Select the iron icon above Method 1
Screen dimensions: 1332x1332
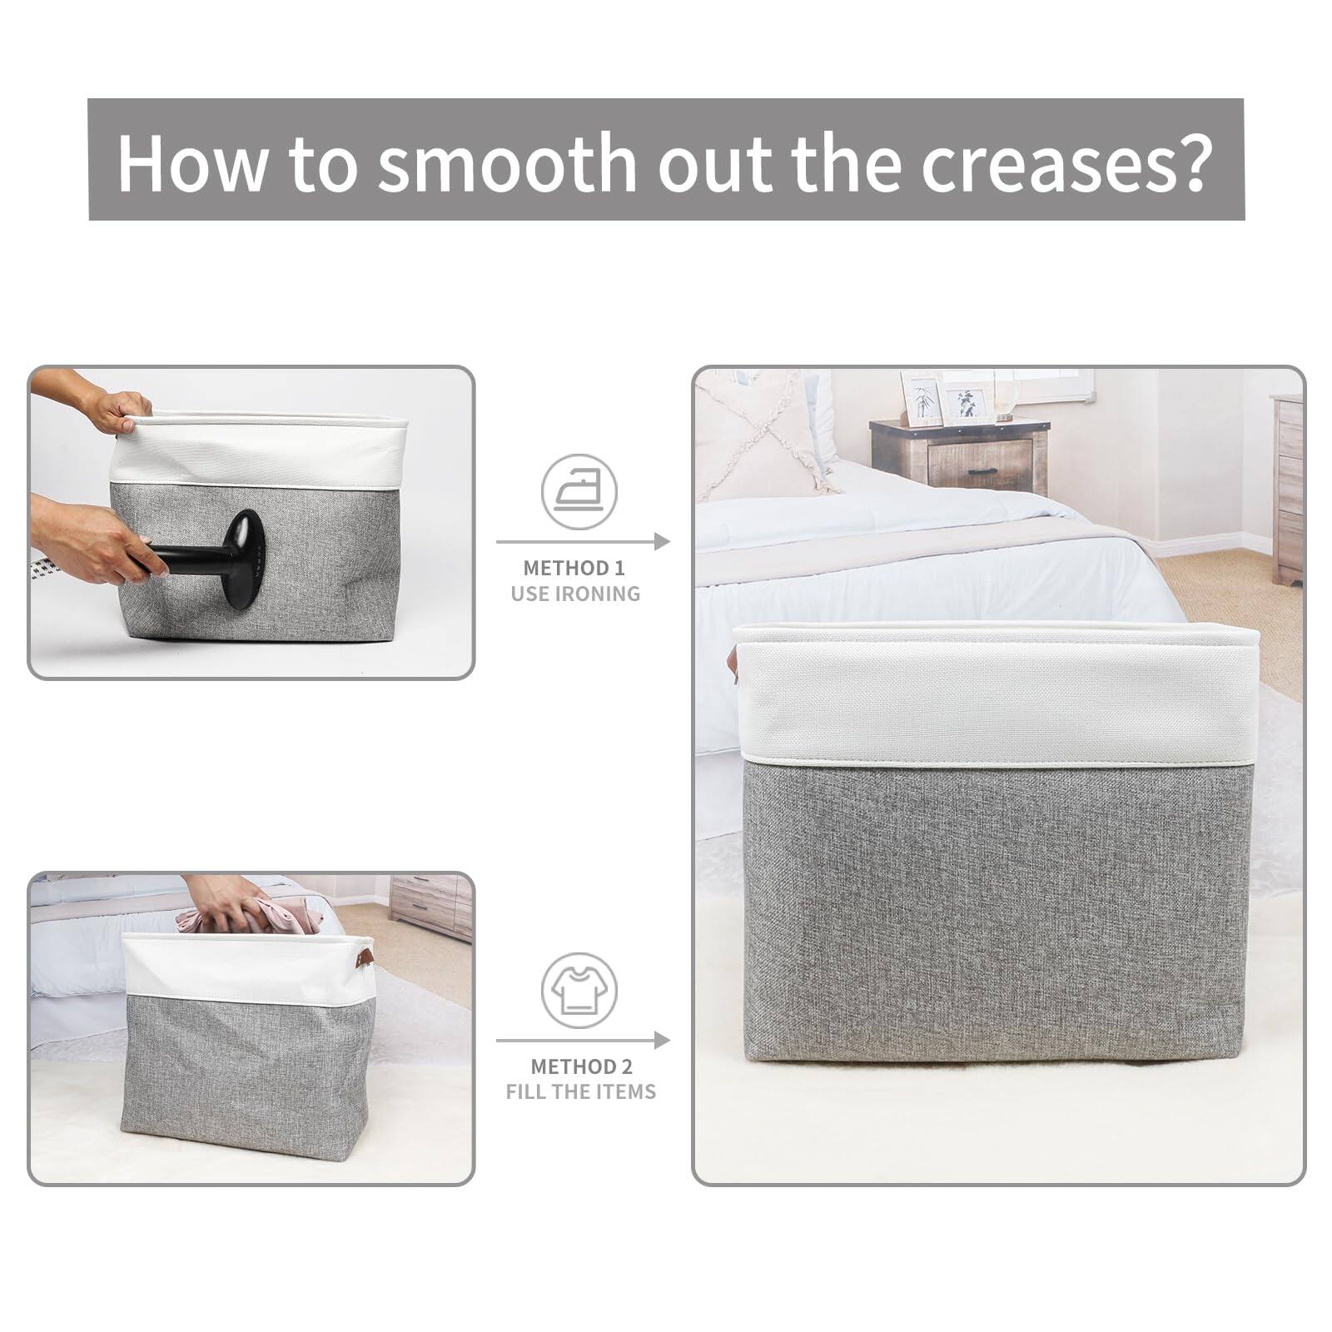pyautogui.click(x=579, y=492)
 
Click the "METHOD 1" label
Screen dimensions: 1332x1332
pyautogui.click(x=574, y=569)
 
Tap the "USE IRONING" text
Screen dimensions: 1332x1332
pyautogui.click(x=576, y=594)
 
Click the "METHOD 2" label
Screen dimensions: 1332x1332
pyautogui.click(x=581, y=1066)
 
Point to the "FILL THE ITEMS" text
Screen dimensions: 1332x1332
pyautogui.click(x=581, y=1091)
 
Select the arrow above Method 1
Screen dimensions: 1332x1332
pyautogui.click(x=583, y=542)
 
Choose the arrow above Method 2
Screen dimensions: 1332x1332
pyautogui.click(x=583, y=1041)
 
